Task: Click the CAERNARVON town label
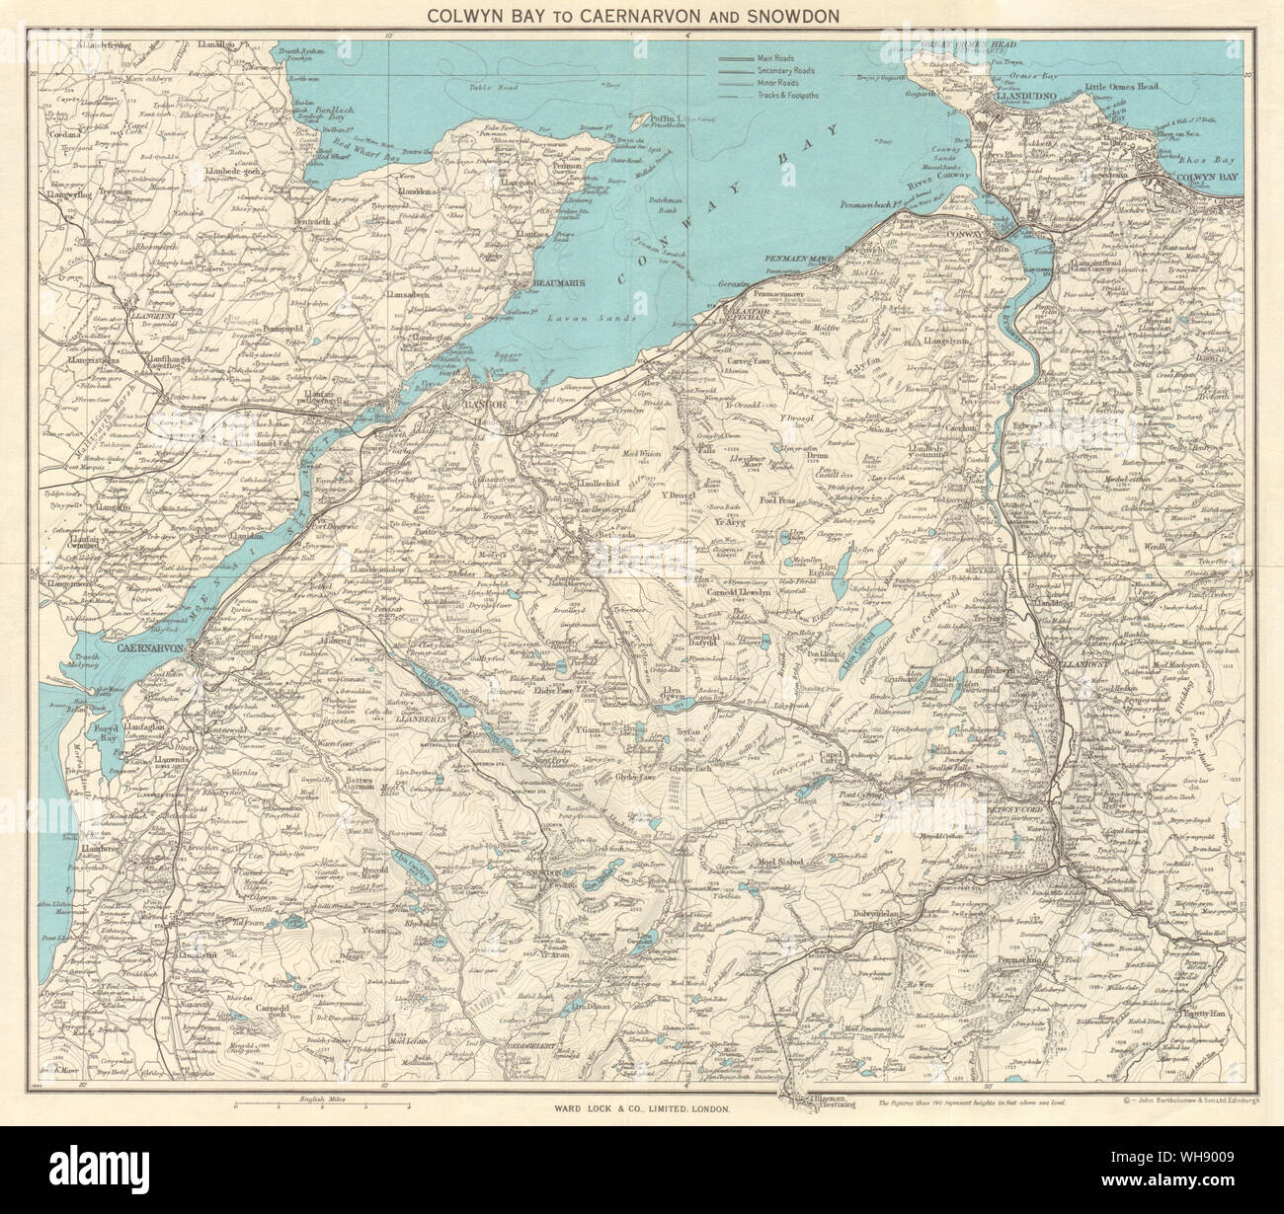tap(158, 648)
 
